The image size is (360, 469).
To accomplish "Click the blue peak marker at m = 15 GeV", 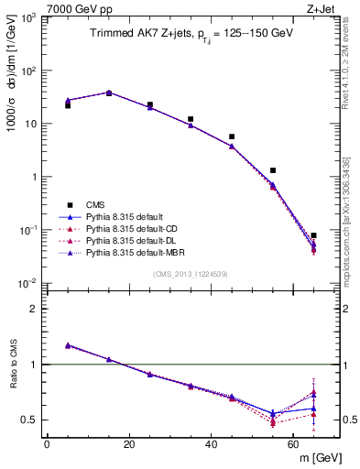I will point(109,93).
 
